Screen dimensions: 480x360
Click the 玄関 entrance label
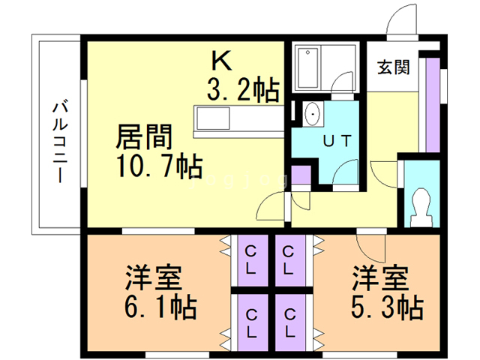[x=393, y=67]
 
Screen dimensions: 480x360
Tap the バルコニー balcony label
[x=60, y=142]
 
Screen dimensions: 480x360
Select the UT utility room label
[x=337, y=141]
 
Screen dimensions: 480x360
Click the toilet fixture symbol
[x=421, y=207]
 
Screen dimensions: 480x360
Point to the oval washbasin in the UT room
[x=313, y=113]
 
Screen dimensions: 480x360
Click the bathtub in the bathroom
[x=307, y=67]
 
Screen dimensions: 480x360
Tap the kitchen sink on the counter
[x=213, y=118]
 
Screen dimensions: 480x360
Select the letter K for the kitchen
[x=221, y=61]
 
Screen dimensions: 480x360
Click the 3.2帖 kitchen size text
[x=243, y=88]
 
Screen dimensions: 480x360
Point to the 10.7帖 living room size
[x=160, y=166]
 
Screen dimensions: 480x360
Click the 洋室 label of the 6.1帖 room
[x=154, y=277]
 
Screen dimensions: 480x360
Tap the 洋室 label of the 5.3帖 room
[x=380, y=277]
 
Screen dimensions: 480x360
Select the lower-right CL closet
[x=290, y=322]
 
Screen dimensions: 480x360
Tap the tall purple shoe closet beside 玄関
[x=433, y=104]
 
